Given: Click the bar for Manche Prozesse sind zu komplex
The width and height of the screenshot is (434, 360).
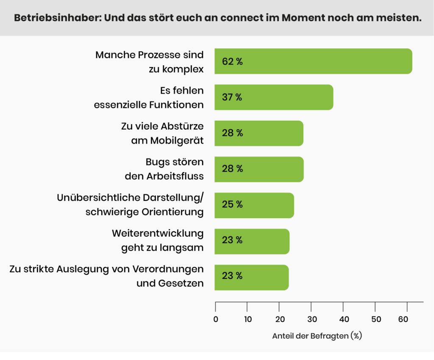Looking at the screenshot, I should (313, 61).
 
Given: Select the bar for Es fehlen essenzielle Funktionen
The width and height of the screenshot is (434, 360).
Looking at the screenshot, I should (274, 97).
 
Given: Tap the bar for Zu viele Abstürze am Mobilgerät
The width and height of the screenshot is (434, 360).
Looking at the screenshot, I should (259, 133).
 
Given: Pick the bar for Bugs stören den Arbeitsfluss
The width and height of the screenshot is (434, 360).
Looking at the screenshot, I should (259, 169).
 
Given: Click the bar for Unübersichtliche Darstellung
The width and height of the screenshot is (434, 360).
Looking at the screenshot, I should (254, 205).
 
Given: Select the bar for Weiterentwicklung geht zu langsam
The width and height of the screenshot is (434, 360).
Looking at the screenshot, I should (252, 241).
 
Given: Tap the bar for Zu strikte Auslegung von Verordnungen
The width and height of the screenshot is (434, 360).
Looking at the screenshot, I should (252, 277).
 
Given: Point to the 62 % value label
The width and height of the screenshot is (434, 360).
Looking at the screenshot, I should (232, 61).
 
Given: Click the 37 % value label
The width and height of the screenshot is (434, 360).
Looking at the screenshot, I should (232, 97).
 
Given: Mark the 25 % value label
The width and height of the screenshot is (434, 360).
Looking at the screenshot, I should (232, 205).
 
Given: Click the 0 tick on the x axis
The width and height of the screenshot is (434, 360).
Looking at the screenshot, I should (216, 319).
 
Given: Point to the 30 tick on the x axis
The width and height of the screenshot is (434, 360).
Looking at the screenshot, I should (312, 319).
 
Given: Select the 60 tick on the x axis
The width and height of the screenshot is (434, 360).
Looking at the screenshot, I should (407, 319).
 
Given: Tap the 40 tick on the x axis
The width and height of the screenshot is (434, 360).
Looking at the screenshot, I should (343, 319).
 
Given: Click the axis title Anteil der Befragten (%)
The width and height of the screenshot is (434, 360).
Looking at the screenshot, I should (317, 336).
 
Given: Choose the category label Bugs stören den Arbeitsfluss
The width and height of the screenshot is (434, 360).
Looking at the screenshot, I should (164, 168).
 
